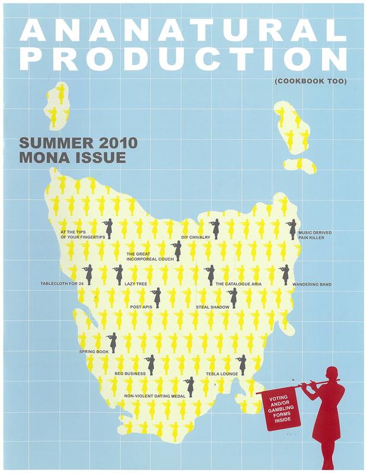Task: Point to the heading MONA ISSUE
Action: [73, 158]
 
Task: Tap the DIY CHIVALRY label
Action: [194, 237]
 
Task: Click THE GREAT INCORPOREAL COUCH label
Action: [148, 256]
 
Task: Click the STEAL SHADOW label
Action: [209, 307]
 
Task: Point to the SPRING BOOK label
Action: [94, 352]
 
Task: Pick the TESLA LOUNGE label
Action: [221, 374]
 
